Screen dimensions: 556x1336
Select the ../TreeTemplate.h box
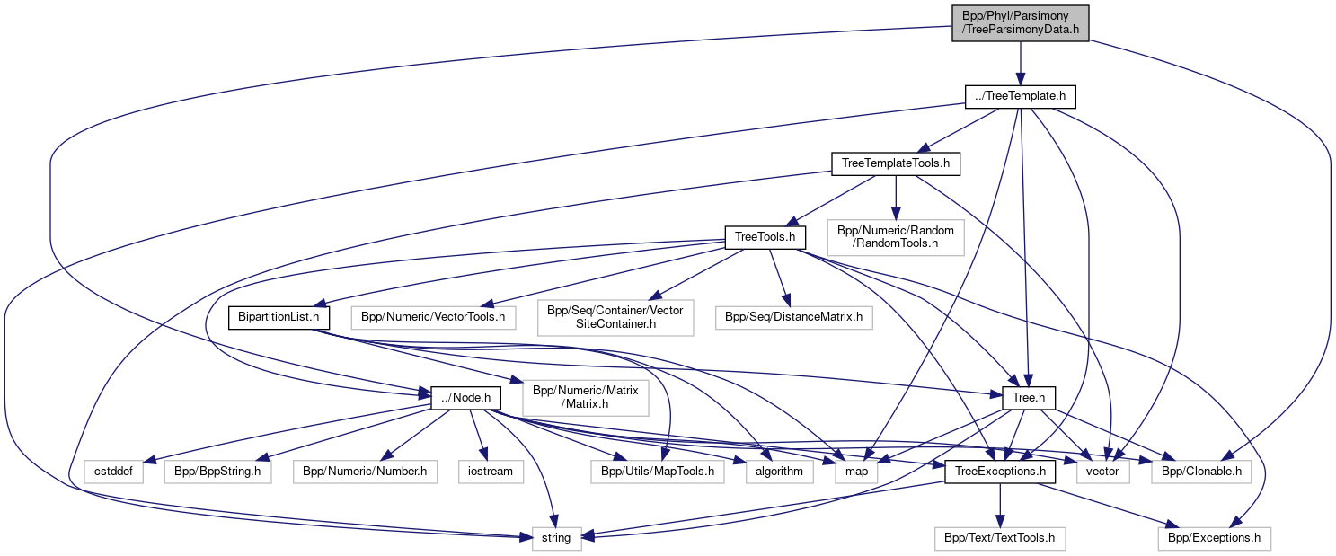pyautogui.click(x=1020, y=97)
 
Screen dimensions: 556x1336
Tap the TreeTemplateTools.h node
pyautogui.click(x=896, y=163)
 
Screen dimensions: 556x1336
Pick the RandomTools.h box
pyautogui.click(x=896, y=237)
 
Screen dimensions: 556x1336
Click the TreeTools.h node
pyautogui.click(x=765, y=237)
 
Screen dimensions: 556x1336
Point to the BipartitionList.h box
pyautogui.click(x=279, y=317)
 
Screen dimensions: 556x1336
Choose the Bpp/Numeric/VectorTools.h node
pyautogui.click(x=432, y=317)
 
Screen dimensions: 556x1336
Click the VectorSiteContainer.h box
pyautogui.click(x=616, y=317)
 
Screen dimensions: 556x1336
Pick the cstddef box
pyautogui.click(x=114, y=471)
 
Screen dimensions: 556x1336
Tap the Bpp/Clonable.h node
pyautogui.click(x=1200, y=471)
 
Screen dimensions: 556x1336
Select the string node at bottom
pyautogui.click(x=556, y=539)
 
